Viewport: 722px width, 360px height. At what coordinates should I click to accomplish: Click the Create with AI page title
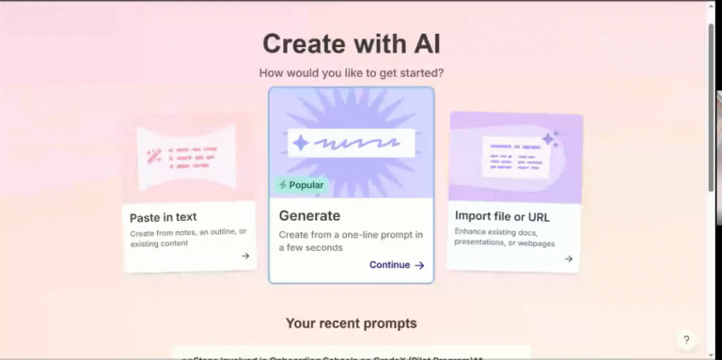pyautogui.click(x=351, y=43)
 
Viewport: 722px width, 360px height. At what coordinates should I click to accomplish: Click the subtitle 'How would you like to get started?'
pyautogui.click(x=351, y=72)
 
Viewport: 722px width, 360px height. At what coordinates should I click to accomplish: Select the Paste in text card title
pyautogui.click(x=165, y=218)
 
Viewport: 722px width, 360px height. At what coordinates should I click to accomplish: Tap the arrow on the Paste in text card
pyautogui.click(x=245, y=256)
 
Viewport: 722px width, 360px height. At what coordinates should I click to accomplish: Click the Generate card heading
pyautogui.click(x=309, y=215)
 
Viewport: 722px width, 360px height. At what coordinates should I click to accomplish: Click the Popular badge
pyautogui.click(x=302, y=185)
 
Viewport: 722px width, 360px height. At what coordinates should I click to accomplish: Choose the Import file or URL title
pyautogui.click(x=502, y=216)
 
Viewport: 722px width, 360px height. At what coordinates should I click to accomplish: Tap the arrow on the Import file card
pyautogui.click(x=569, y=258)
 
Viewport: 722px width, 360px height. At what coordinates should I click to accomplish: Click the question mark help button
pyautogui.click(x=686, y=339)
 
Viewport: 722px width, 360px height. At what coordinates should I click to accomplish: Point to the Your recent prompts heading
pyautogui.click(x=351, y=323)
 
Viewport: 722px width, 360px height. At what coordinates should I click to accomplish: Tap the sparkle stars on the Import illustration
pyautogui.click(x=550, y=140)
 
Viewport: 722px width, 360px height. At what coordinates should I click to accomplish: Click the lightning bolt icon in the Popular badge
pyautogui.click(x=283, y=185)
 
